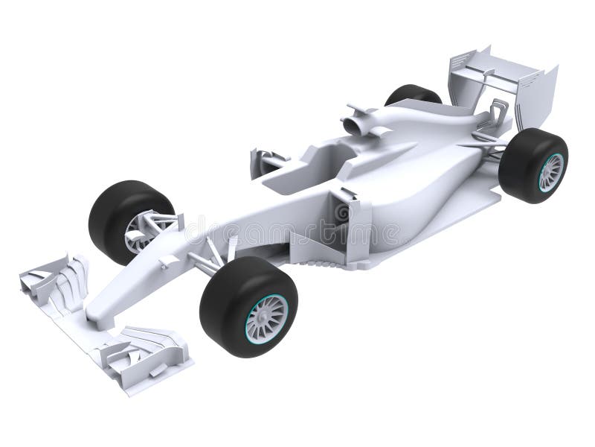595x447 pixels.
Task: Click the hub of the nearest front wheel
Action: [x=266, y=317]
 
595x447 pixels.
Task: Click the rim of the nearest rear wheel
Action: [x=550, y=172]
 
